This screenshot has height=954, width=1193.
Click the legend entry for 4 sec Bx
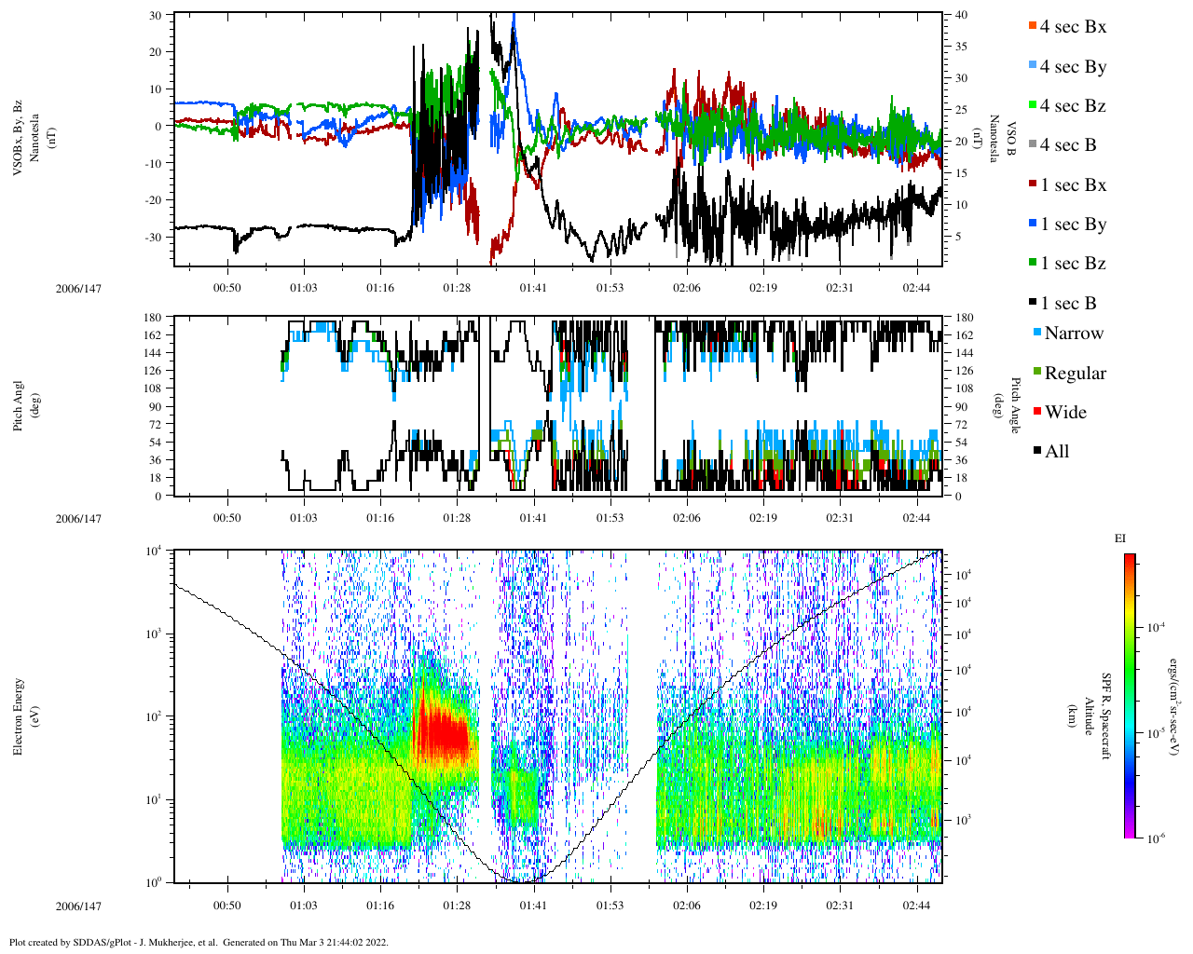pos(1072,27)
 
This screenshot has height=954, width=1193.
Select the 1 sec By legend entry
pos(1072,225)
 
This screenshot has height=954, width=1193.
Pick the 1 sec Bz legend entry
pos(1072,264)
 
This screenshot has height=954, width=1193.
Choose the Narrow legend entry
pos(1073,334)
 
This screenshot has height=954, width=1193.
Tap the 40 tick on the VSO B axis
pos(960,15)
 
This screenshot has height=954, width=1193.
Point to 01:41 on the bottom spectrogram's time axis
pos(533,906)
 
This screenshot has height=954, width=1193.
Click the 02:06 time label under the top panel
pos(687,288)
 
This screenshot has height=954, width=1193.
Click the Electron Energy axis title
pos(19,715)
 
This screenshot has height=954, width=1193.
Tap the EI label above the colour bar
pos(1120,538)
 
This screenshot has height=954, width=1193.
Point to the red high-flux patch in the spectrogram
pos(443,731)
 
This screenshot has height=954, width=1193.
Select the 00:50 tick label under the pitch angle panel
pos(226,518)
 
